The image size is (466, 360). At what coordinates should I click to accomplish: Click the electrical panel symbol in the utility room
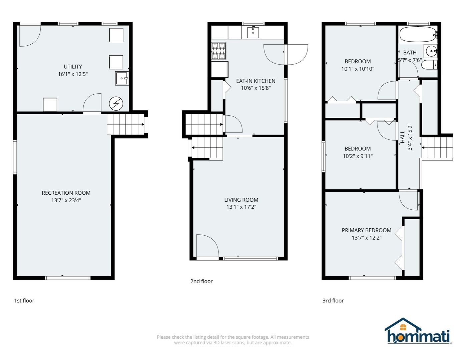pyautogui.click(x=116, y=104)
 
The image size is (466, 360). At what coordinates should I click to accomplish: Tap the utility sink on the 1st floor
pyautogui.click(x=122, y=78)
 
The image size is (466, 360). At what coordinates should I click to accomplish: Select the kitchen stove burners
pyautogui.click(x=219, y=51)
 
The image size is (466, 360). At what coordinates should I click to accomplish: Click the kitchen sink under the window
pyautogui.click(x=253, y=32)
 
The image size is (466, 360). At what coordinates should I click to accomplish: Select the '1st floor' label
pyautogui.click(x=24, y=301)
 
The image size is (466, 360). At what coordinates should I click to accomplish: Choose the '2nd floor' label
pyautogui.click(x=201, y=281)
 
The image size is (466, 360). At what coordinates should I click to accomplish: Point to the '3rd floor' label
pyautogui.click(x=333, y=301)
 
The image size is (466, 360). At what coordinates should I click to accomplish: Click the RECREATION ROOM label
pyautogui.click(x=66, y=193)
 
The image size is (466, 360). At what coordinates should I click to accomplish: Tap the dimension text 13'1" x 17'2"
pyautogui.click(x=241, y=207)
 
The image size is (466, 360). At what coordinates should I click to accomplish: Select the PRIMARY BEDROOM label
pyautogui.click(x=367, y=230)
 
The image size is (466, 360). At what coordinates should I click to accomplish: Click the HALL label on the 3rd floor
pyautogui.click(x=403, y=137)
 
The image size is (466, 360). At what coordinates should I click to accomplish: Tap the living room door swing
pyautogui.click(x=207, y=246)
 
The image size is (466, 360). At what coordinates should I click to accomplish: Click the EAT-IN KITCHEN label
pyautogui.click(x=256, y=81)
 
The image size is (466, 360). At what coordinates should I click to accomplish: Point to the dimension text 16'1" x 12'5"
pyautogui.click(x=73, y=74)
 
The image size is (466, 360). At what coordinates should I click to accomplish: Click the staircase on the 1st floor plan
pyautogui.click(x=125, y=124)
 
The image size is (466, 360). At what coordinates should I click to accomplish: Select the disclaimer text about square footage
pyautogui.click(x=233, y=340)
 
